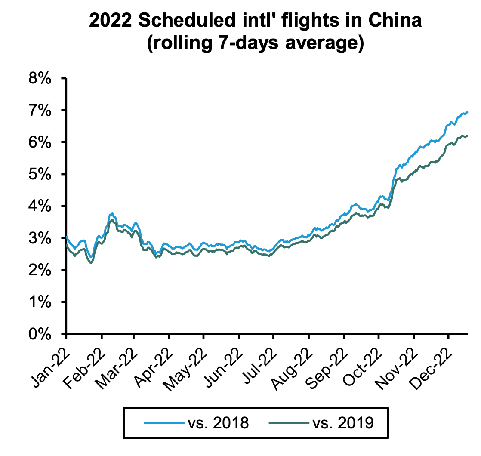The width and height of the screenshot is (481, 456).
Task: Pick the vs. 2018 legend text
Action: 218,423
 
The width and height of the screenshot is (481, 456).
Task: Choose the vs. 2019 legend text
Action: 342,423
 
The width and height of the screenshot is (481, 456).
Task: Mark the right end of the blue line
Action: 468,112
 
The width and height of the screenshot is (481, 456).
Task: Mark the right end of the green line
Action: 468,136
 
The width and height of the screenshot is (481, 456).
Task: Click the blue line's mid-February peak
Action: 112,213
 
